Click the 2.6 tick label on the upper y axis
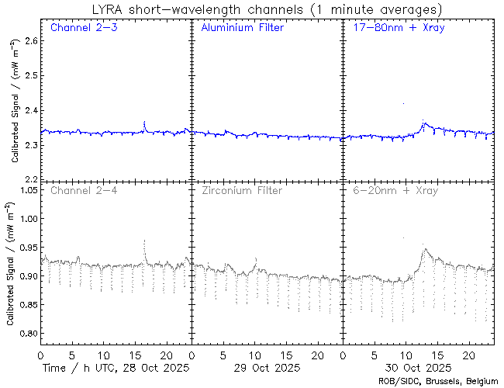click(x=29, y=40)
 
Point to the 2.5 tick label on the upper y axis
click(x=29, y=74)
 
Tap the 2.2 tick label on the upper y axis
click(x=29, y=179)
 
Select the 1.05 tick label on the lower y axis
click(x=26, y=190)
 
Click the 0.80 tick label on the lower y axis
click(x=26, y=334)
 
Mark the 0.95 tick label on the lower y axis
click(x=26, y=248)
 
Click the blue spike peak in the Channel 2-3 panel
click(x=144, y=123)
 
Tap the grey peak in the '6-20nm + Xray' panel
click(x=424, y=249)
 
